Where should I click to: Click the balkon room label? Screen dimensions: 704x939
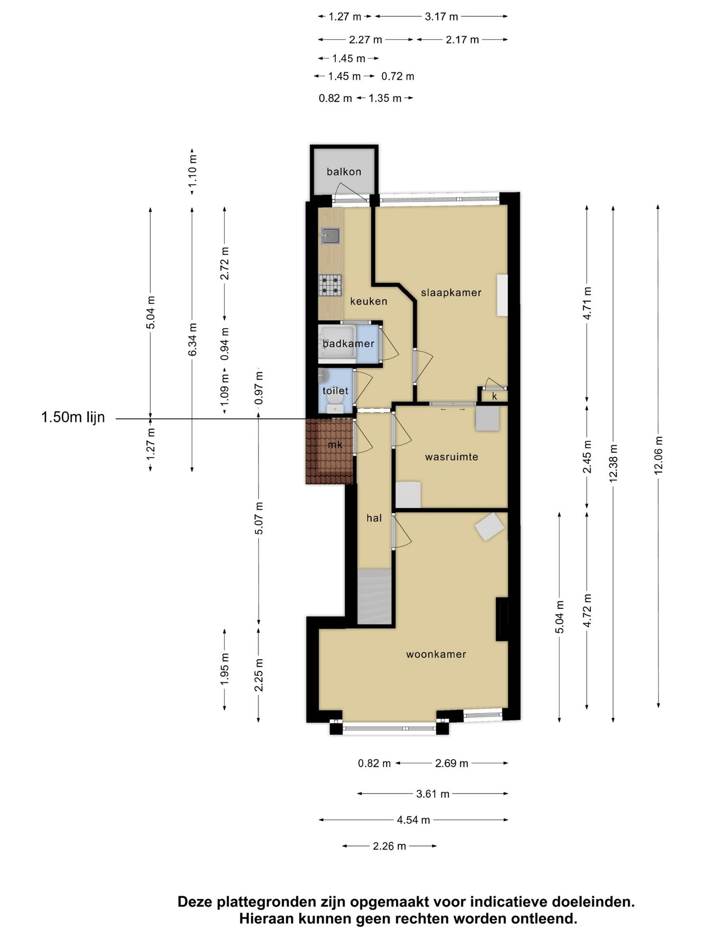[x=344, y=172]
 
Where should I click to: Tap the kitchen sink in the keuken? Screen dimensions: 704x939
[x=330, y=236]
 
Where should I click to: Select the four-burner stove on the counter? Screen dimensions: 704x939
[x=330, y=285]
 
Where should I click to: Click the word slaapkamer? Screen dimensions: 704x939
[x=451, y=292]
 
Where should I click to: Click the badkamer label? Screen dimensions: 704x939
[x=349, y=343]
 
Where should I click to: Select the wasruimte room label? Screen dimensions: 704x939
[x=451, y=457]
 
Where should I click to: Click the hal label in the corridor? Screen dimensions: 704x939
[x=374, y=518]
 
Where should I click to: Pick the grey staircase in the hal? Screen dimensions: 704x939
[x=374, y=597]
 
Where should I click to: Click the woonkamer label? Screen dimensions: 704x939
[x=436, y=654]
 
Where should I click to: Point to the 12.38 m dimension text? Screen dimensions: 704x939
[x=614, y=463]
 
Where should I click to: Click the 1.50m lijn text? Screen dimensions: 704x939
[x=73, y=418]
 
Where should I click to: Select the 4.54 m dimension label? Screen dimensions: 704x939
[x=414, y=820]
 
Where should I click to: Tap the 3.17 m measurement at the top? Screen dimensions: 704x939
[x=441, y=17]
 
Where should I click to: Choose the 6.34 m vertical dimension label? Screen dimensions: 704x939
[x=193, y=339]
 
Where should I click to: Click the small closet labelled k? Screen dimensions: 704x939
[x=494, y=396]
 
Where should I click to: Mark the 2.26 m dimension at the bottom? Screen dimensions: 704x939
[x=390, y=846]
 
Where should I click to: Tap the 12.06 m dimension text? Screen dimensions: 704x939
[x=659, y=455]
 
